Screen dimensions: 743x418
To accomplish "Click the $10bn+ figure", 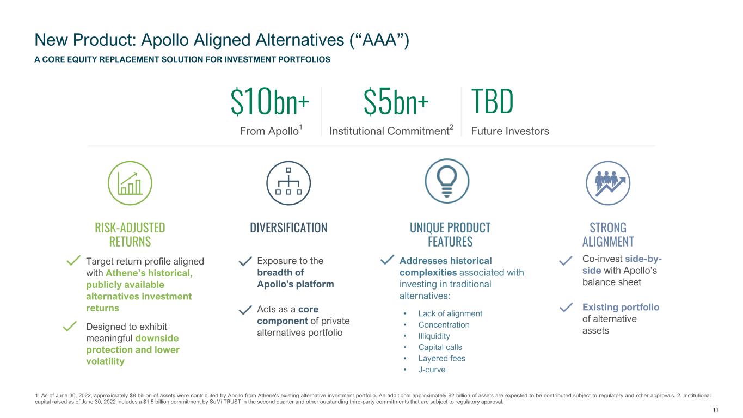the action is (x=269, y=102).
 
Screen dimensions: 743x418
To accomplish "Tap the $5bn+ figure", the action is (x=396, y=102).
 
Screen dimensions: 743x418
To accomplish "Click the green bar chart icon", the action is (x=130, y=183).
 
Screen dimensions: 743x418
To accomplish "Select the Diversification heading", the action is (x=288, y=228).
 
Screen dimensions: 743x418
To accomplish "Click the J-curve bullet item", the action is (x=432, y=370).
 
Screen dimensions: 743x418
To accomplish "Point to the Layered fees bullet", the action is (x=442, y=358).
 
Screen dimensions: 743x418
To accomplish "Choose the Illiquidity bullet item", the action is (x=434, y=336).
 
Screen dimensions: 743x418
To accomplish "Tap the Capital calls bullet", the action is (x=440, y=347).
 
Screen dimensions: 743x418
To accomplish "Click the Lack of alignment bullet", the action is (x=450, y=313).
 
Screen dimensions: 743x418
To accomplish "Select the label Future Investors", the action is (x=510, y=131).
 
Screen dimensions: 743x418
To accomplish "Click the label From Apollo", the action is (x=271, y=131).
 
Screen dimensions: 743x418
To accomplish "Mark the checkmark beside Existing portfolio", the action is (x=566, y=308).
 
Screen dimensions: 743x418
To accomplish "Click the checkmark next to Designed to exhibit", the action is (x=70, y=327).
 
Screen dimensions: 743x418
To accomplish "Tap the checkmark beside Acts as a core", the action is (x=245, y=310).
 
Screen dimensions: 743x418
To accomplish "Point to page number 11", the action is (x=715, y=410).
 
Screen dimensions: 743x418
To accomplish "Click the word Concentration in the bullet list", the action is (x=444, y=325).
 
